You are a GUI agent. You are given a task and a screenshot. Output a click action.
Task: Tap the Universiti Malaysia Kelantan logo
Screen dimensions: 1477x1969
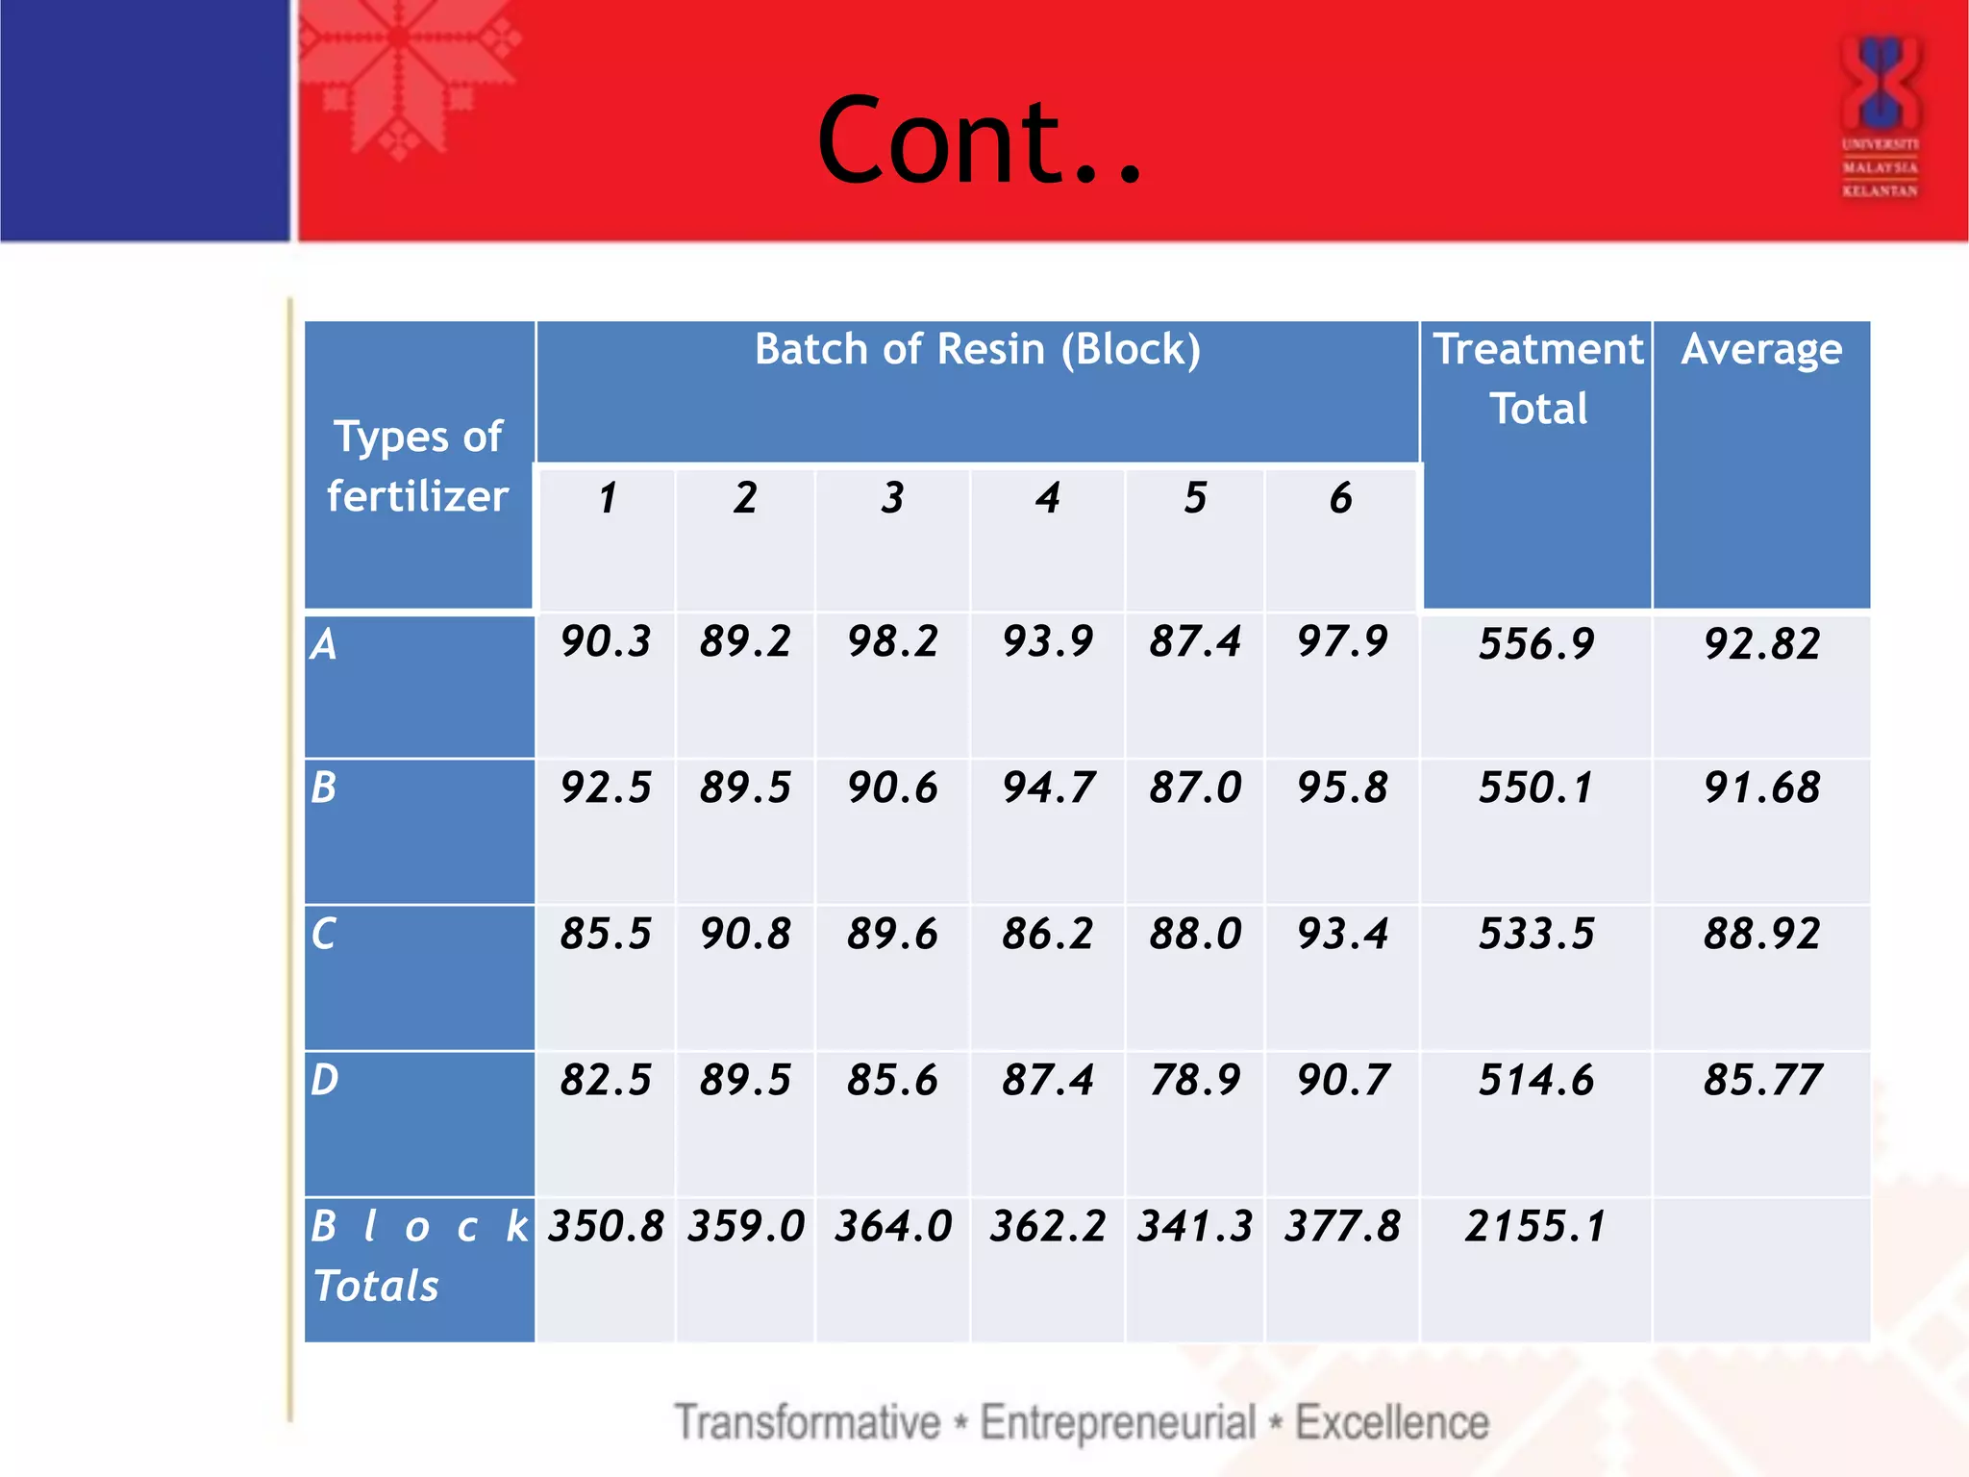tap(1880, 115)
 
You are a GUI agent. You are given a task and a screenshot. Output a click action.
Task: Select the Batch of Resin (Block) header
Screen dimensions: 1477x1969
tap(977, 349)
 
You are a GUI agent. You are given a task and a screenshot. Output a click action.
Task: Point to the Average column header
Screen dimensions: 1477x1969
tap(1761, 349)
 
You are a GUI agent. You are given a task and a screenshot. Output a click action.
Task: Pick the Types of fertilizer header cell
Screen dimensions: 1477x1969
tap(418, 466)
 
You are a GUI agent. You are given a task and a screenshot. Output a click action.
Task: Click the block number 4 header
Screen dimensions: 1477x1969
tap(1047, 498)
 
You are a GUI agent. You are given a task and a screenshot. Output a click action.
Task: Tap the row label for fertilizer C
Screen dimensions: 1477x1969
tap(324, 934)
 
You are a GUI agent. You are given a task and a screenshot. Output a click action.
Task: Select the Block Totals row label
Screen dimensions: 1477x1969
tap(418, 1255)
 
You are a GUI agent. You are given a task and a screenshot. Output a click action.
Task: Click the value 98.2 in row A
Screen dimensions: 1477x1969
tap(892, 641)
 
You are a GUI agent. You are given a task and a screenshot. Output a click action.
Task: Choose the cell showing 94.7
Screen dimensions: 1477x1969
tap(1047, 788)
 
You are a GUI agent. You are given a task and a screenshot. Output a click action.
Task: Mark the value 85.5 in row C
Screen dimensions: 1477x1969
tap(606, 934)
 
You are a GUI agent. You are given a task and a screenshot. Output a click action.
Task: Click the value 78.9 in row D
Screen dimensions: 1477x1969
tap(1195, 1080)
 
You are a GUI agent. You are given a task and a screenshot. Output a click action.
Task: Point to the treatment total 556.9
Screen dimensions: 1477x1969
tap(1536, 643)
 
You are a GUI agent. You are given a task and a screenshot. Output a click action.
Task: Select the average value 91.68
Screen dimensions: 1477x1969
tap(1761, 788)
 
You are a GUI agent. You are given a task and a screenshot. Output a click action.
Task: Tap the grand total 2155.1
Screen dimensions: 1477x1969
tap(1536, 1226)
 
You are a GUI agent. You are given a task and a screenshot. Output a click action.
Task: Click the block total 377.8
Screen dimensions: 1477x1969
tap(1342, 1226)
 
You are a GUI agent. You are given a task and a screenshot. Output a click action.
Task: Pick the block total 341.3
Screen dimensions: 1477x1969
tap(1195, 1226)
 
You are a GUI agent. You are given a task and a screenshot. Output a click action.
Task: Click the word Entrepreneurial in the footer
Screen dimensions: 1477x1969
tap(1117, 1422)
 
